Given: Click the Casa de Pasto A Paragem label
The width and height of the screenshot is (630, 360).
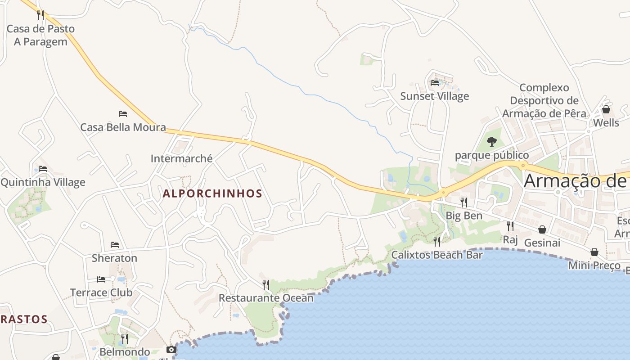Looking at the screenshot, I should pyautogui.click(x=40, y=35).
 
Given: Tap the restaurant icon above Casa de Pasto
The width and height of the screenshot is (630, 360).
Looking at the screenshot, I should pyautogui.click(x=40, y=15).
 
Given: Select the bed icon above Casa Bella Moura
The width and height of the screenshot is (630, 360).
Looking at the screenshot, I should pyautogui.click(x=123, y=114).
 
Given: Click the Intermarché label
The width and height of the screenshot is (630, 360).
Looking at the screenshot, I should pyautogui.click(x=181, y=158).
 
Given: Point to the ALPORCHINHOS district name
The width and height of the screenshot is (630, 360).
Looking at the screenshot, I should pyautogui.click(x=212, y=193).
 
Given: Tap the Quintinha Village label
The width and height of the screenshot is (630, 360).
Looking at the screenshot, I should pyautogui.click(x=43, y=182).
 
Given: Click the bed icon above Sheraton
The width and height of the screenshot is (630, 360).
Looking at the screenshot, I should pyautogui.click(x=115, y=245).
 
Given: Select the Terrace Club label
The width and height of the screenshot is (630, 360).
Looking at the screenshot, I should pyautogui.click(x=101, y=292).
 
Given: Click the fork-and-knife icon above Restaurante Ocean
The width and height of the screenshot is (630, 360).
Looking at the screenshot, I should pyautogui.click(x=266, y=284).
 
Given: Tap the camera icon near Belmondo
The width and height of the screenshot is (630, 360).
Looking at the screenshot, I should pyautogui.click(x=171, y=349).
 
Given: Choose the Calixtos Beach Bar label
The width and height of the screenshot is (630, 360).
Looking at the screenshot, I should pyautogui.click(x=436, y=255).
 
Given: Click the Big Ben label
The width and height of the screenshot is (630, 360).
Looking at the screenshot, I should pyautogui.click(x=463, y=216).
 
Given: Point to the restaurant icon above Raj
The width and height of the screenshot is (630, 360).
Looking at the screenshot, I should pyautogui.click(x=510, y=226).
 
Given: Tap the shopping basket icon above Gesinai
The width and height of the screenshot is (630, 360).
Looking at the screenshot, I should pyautogui.click(x=542, y=229).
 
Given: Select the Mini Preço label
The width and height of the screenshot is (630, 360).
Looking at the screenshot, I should pyautogui.click(x=594, y=265).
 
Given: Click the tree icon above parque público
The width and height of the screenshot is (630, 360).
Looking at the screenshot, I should pyautogui.click(x=492, y=142).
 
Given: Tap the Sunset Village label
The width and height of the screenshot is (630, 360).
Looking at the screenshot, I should pyautogui.click(x=434, y=96).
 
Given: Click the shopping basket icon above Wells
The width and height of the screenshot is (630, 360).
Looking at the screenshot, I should pyautogui.click(x=606, y=109).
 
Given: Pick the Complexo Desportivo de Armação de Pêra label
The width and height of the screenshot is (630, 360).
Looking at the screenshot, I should pyautogui.click(x=544, y=100).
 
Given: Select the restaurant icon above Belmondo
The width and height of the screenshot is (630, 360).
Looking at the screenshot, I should pyautogui.click(x=125, y=338).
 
